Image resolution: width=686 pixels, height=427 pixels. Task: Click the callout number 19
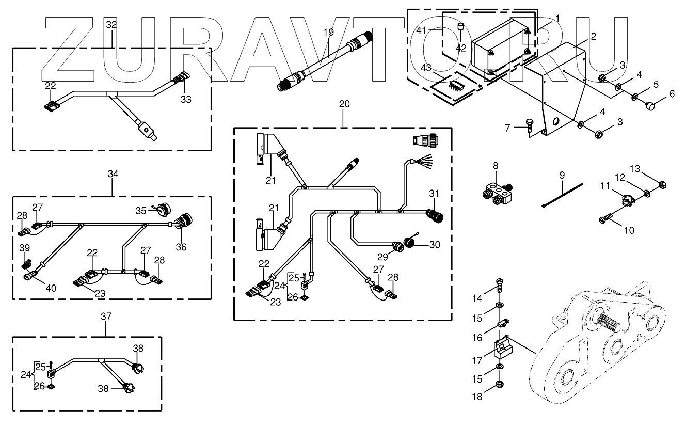click(x=329, y=33)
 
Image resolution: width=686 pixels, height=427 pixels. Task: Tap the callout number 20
click(x=344, y=104)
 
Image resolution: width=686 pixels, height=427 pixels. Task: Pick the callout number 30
click(x=435, y=245)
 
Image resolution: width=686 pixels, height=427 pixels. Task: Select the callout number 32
click(x=111, y=24)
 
